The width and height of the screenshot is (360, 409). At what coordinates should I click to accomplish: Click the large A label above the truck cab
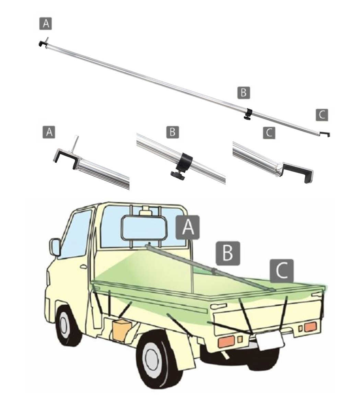click(x=188, y=227)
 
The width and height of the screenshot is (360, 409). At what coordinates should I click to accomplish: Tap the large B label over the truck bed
click(x=228, y=253)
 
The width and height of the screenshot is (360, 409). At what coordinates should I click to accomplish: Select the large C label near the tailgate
click(x=282, y=271)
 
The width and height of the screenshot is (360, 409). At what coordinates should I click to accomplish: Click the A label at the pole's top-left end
click(x=46, y=23)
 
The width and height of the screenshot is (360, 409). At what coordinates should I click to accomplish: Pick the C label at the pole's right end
click(x=322, y=115)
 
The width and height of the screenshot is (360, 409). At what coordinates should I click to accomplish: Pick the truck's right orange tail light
click(x=310, y=327)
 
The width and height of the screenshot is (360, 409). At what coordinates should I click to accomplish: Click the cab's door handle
click(x=83, y=267)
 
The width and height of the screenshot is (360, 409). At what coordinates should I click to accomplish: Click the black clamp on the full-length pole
click(x=248, y=114)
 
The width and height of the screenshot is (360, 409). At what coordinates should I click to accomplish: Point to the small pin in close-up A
click(x=75, y=142)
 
